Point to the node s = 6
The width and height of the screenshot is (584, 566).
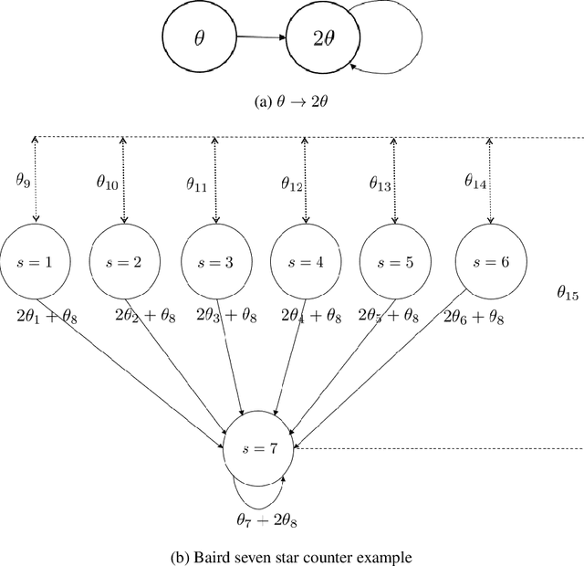(490, 262)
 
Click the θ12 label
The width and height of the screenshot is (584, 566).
(292, 184)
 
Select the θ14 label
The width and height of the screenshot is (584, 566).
(474, 183)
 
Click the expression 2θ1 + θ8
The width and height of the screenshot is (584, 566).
(55, 317)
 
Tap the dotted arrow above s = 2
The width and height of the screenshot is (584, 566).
(123, 180)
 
